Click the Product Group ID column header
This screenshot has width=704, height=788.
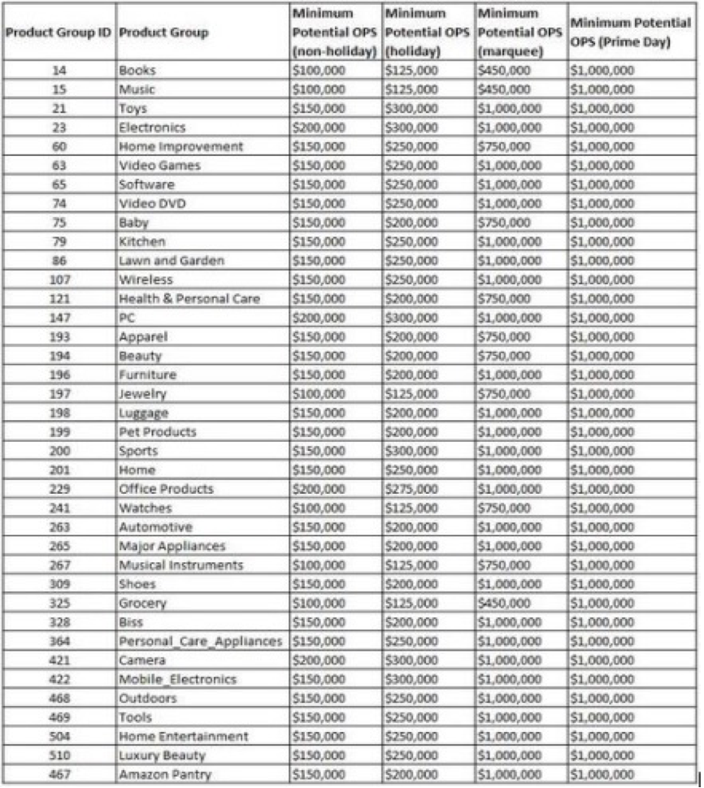click(59, 32)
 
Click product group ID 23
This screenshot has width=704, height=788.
click(59, 128)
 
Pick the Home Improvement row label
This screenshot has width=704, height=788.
click(180, 146)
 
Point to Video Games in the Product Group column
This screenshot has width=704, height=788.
click(159, 166)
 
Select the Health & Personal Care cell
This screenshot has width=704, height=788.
click(189, 299)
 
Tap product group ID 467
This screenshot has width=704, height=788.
click(59, 774)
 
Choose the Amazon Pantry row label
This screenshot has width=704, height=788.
click(165, 774)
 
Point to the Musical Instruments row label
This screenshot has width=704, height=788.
click(180, 565)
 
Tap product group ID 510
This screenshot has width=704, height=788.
click(59, 756)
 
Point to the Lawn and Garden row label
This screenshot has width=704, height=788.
click(171, 261)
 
